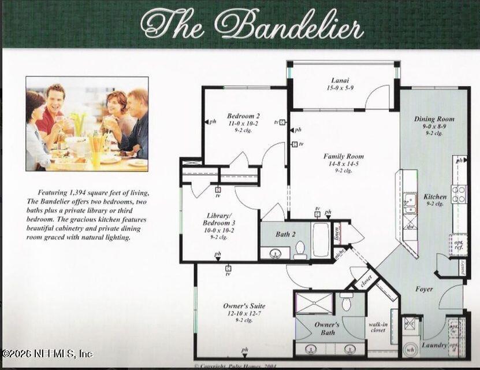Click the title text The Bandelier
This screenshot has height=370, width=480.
252,24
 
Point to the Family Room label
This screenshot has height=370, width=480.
344,157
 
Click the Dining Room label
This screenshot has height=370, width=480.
434,119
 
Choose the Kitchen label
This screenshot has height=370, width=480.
435,197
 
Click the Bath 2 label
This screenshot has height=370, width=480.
284,234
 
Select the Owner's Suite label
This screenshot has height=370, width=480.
244,306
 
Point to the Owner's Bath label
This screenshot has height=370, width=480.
326,328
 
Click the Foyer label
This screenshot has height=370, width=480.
424,289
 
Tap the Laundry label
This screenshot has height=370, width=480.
434,346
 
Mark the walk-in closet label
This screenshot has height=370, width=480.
378,328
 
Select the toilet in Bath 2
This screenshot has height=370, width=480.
300,249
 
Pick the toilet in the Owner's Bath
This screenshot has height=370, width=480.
347,302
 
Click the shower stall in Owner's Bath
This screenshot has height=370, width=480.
314,303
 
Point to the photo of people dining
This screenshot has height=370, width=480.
87,124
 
